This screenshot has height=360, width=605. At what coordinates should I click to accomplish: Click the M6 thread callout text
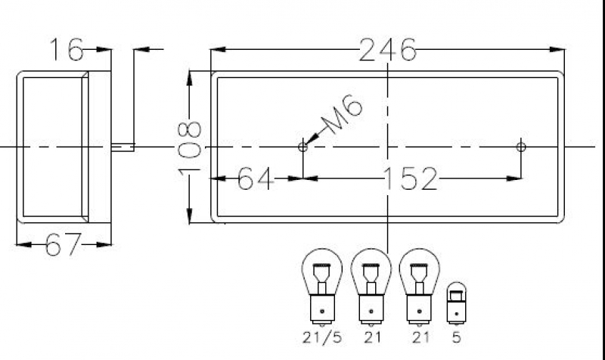342,115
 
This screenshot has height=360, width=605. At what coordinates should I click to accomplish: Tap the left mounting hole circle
302,147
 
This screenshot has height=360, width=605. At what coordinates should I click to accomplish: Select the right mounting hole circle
520,147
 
